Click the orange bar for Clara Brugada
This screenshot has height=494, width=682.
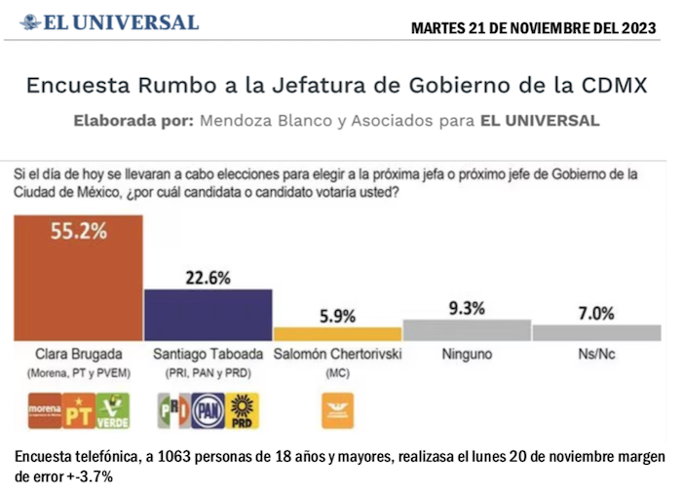click(78, 278)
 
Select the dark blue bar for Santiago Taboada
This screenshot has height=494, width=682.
click(208, 314)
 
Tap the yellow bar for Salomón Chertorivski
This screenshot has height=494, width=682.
click(337, 333)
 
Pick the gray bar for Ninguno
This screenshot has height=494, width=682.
click(467, 329)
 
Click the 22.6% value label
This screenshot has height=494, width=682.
click(208, 277)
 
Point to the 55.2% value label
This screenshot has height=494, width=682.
click(78, 230)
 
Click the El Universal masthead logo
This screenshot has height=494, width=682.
click(109, 22)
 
